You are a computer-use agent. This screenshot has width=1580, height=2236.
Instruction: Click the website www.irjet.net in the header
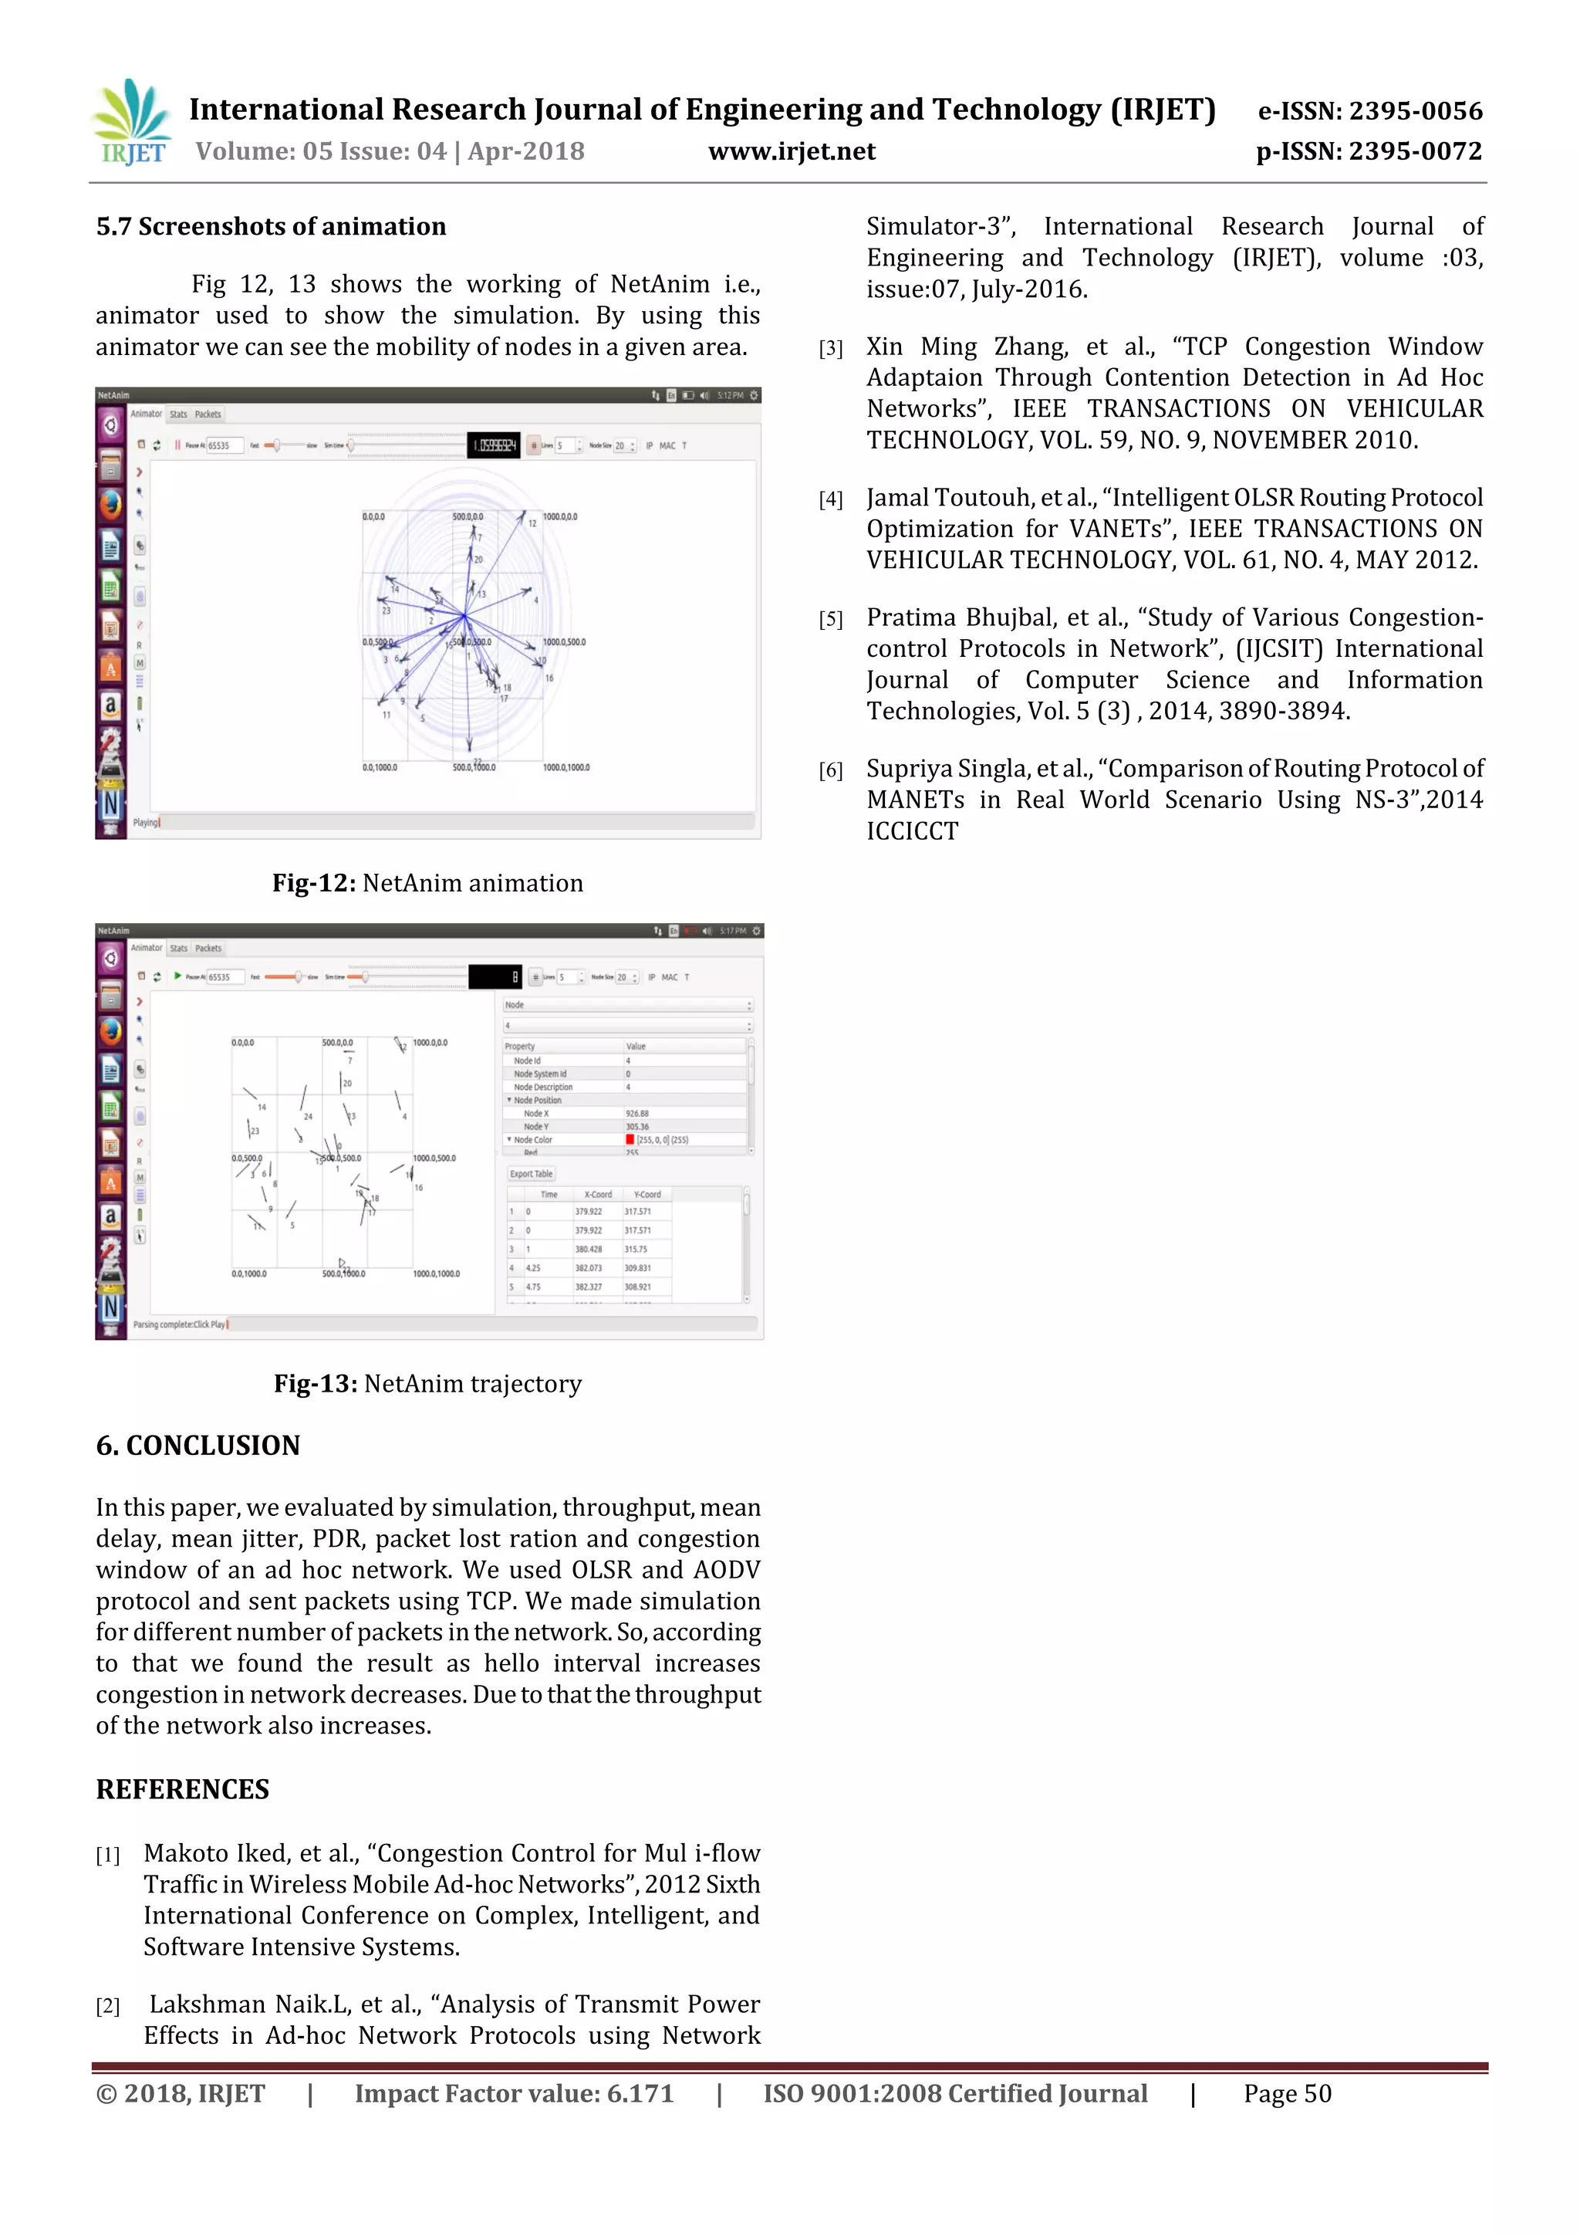(x=792, y=152)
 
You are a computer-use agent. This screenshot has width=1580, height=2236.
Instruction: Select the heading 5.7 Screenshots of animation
(x=271, y=227)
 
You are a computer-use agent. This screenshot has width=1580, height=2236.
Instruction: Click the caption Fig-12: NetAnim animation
(x=427, y=883)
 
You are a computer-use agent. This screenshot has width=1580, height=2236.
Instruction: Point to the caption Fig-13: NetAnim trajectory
(x=427, y=1384)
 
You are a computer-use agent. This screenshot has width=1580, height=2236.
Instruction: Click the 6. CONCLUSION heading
(x=197, y=1445)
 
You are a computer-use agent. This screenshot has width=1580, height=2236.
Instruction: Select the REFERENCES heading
(x=182, y=1789)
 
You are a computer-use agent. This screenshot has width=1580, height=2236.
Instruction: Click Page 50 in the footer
(x=1286, y=2094)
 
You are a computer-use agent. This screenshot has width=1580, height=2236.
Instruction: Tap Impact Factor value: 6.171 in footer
(x=514, y=2094)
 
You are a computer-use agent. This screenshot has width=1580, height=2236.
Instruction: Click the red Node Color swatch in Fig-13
(x=630, y=1139)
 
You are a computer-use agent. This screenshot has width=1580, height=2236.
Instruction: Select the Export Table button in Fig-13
(x=531, y=1173)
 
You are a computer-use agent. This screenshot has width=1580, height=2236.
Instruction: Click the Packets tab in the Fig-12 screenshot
(x=208, y=414)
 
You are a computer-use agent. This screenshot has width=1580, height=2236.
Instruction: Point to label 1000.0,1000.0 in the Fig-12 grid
(x=566, y=767)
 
